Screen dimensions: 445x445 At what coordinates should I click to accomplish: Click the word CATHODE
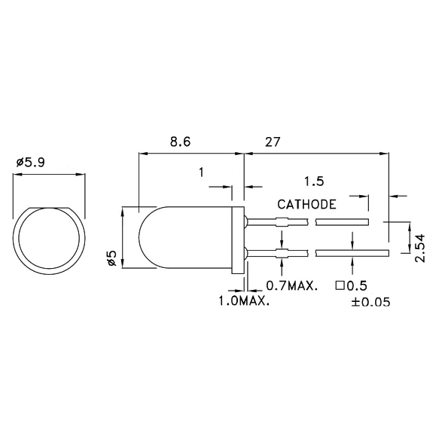click(306, 204)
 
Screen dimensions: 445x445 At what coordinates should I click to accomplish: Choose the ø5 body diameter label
click(111, 258)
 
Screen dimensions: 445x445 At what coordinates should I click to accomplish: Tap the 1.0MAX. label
click(243, 301)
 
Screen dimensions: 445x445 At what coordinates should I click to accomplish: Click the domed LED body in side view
click(184, 237)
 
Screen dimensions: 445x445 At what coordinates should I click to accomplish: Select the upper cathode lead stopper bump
click(282, 222)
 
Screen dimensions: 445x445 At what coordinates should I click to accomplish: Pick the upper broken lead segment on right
click(342, 222)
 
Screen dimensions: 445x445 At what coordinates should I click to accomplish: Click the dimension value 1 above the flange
click(201, 172)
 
